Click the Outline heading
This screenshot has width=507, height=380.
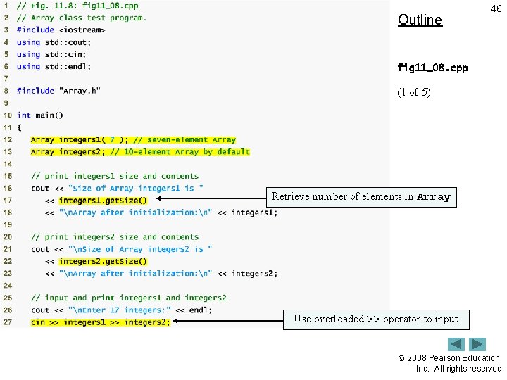[420, 20]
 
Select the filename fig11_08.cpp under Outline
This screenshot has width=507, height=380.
[432, 68]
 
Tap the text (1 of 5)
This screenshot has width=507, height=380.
[414, 92]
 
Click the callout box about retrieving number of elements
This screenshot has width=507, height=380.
[361, 197]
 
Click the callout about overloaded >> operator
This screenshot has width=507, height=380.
[375, 319]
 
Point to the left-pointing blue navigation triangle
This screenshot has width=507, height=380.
[457, 345]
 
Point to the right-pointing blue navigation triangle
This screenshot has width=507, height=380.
[477, 345]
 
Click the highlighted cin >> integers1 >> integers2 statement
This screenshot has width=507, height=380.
[100, 322]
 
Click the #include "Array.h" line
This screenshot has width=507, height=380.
[58, 91]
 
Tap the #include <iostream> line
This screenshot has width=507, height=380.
[61, 30]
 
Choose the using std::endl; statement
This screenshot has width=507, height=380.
[54, 67]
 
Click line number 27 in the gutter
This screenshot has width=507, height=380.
[8, 322]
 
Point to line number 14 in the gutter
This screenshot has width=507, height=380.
[8, 164]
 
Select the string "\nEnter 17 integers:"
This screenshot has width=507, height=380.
[120, 310]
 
